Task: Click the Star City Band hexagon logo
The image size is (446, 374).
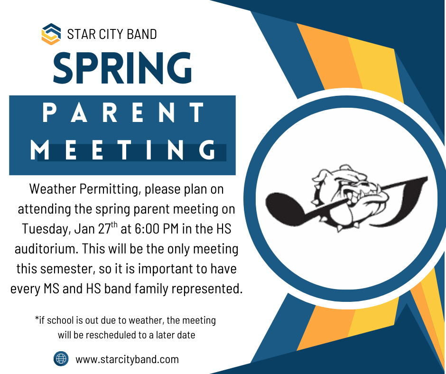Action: [x=51, y=34]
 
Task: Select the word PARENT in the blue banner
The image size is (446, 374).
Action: [x=122, y=114]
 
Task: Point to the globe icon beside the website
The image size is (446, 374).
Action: [x=61, y=359]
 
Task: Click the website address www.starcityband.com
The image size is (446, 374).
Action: [x=127, y=359]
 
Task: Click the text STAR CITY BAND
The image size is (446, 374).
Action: [x=112, y=34]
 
